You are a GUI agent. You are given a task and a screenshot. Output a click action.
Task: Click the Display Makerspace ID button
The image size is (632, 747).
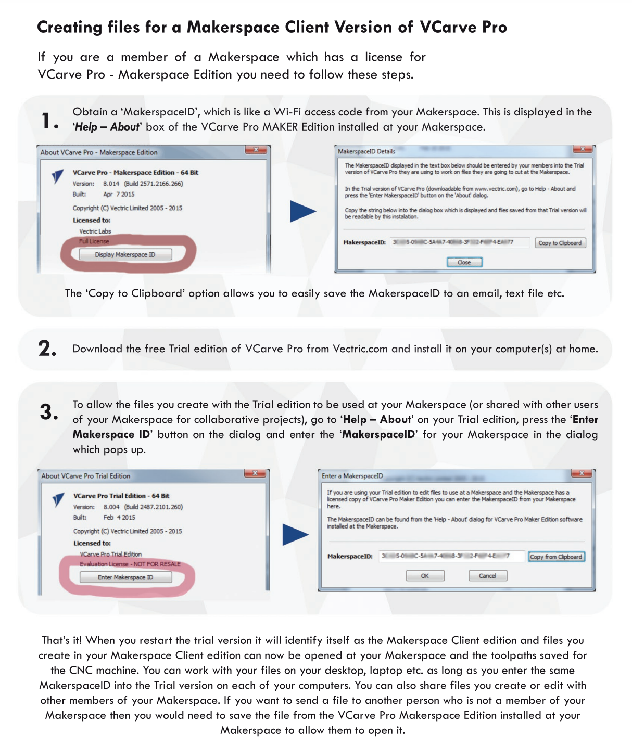(x=125, y=254)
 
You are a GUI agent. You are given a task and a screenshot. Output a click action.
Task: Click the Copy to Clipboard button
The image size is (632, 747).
(x=560, y=243)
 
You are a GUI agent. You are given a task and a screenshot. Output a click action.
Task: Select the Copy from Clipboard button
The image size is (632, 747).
(x=556, y=557)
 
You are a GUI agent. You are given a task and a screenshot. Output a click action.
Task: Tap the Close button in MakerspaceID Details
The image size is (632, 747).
(x=464, y=262)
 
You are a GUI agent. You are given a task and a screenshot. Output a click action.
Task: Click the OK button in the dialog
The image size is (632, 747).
(x=425, y=576)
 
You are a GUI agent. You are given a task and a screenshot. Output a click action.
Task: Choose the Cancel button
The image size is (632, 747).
(x=487, y=576)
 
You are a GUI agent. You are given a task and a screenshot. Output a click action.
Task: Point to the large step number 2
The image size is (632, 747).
(x=47, y=349)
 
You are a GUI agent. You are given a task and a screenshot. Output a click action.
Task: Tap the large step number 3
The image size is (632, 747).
(x=49, y=412)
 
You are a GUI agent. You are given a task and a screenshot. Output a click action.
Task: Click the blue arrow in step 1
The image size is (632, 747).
(x=302, y=211)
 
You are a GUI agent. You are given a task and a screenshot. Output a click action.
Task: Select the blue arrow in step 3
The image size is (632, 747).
(x=295, y=535)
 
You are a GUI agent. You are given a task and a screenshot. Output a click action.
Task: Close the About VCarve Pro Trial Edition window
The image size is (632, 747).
(x=255, y=473)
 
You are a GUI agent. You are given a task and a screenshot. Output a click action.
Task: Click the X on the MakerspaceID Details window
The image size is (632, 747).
(x=583, y=149)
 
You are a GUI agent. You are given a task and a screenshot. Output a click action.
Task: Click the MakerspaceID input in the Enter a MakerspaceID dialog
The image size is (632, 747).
(x=451, y=556)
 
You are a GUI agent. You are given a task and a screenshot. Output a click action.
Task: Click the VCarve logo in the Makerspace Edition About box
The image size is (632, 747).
(x=58, y=176)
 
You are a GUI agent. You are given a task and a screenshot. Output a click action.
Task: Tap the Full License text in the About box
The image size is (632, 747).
(x=94, y=241)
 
